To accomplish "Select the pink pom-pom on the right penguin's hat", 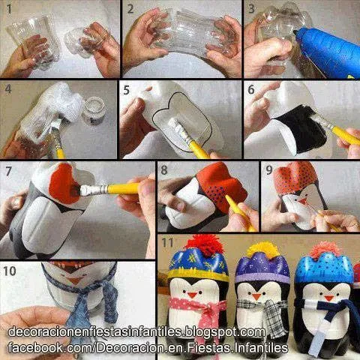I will [x=323, y=250].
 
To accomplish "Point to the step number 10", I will [x=10, y=268].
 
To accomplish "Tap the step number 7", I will [x=8, y=169].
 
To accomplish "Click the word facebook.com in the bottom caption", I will [x=37, y=349].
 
